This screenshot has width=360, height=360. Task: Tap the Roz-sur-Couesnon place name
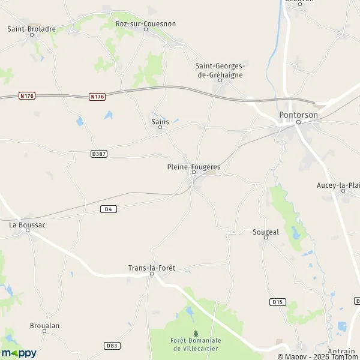point(145,23)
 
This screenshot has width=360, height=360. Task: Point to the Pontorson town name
point(298,115)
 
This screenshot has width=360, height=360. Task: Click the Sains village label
point(160,121)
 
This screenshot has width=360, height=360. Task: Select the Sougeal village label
point(266,231)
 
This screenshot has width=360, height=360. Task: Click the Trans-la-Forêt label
point(152,268)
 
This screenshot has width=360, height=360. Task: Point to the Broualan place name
point(45,325)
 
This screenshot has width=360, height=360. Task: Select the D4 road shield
point(108,209)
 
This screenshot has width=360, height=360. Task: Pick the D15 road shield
point(277,301)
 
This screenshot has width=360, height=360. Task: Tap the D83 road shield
point(111,346)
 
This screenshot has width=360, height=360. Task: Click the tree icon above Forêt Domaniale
point(196,333)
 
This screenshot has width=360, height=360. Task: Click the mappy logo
point(19,353)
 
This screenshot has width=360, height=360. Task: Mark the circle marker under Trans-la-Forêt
point(152,274)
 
